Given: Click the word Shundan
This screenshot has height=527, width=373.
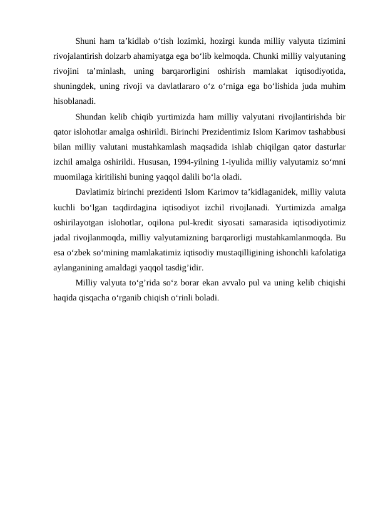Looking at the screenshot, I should coord(90,118).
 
